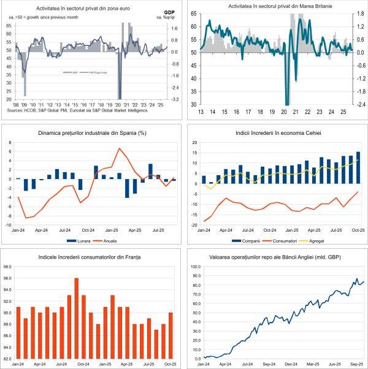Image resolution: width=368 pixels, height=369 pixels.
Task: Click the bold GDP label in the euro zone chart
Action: pos(169,12)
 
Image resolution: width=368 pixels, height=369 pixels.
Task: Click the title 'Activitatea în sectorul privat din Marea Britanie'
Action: pos(275,6)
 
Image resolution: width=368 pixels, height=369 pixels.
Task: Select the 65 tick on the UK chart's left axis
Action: pos(194,26)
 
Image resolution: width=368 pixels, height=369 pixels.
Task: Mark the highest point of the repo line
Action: pos(357,280)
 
